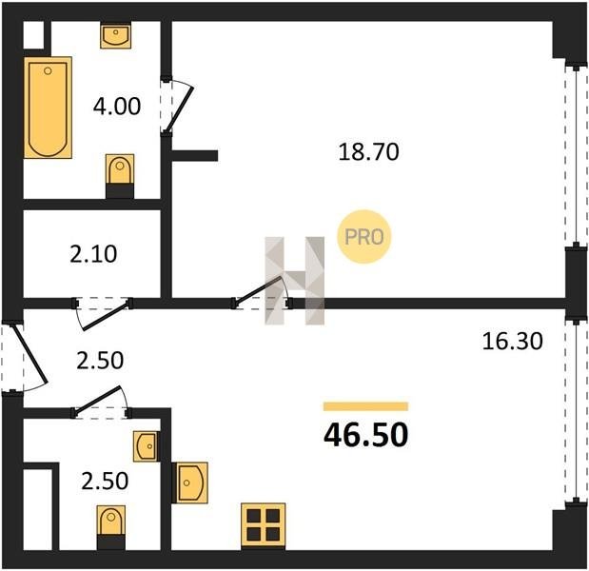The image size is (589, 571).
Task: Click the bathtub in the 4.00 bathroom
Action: pos(49,108)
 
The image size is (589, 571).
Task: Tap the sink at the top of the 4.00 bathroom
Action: pos(116,36)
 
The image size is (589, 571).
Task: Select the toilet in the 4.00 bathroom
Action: pos(120,176)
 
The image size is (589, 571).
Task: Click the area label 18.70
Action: pos(368,152)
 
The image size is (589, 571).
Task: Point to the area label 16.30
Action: pos(512,342)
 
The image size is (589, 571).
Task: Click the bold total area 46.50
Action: pos(366,435)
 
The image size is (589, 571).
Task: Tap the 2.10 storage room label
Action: pos(93,253)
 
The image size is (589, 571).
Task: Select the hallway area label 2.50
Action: pos(100,361)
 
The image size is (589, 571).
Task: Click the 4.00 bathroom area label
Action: pos(117,106)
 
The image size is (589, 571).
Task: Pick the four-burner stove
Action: pos(264,526)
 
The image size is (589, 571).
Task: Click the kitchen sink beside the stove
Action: pos(189,482)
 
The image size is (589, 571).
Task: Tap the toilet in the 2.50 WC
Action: pos(110,527)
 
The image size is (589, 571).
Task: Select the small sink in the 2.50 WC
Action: pos(146,446)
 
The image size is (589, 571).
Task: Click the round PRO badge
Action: pos(364,237)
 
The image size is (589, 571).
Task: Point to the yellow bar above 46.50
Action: pos(366,406)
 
